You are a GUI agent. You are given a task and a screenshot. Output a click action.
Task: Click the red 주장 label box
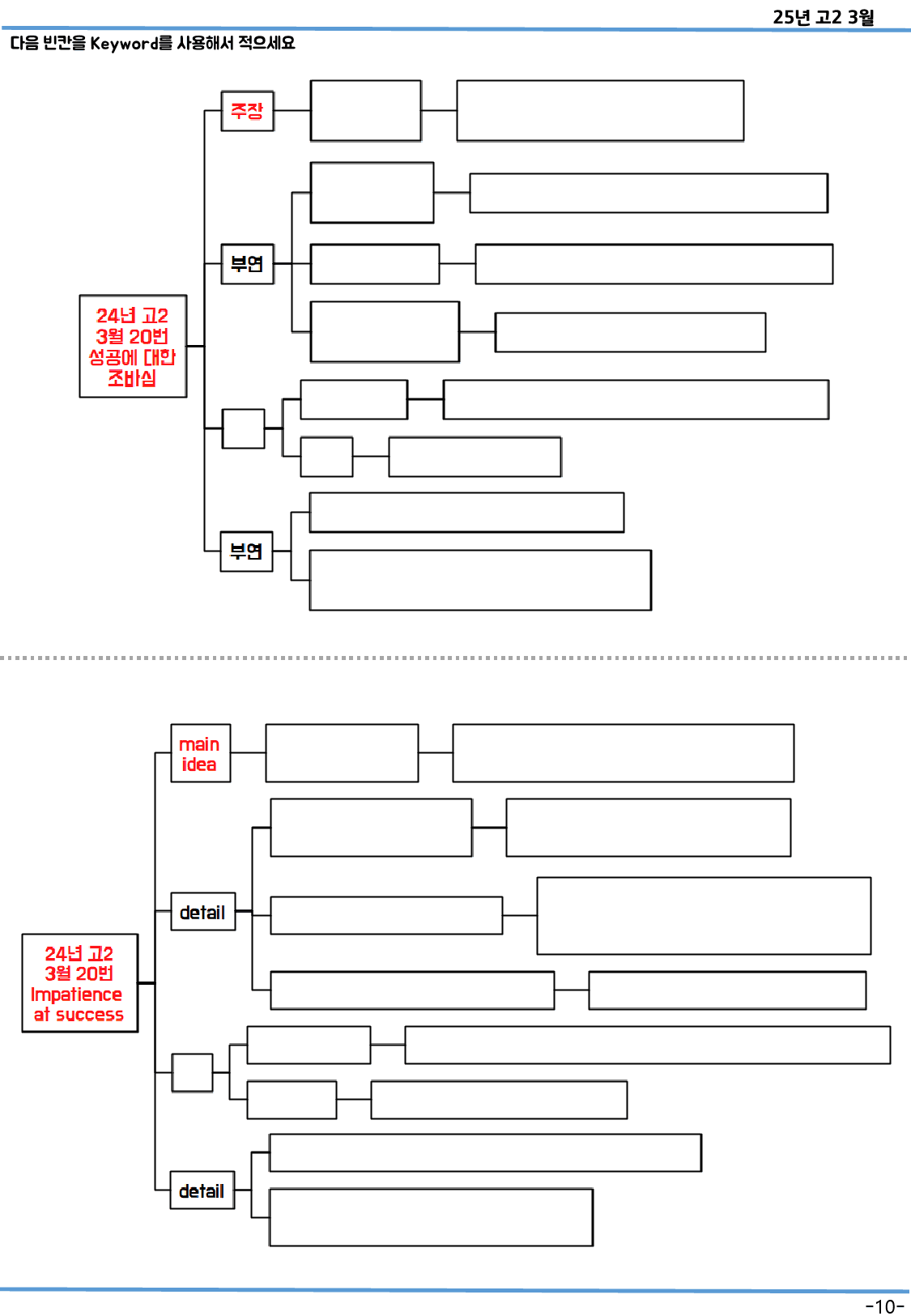[247, 111]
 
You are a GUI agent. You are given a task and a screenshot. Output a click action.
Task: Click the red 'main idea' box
[200, 753]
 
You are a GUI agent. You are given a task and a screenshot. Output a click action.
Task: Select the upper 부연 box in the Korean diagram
[247, 264]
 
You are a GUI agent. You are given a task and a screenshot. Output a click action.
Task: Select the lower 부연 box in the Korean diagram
[246, 552]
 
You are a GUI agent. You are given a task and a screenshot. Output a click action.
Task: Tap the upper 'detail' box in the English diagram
[202, 912]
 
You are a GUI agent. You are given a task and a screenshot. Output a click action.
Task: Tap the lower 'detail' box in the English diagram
[202, 1190]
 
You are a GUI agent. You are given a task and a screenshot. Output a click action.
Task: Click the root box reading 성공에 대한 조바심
[133, 347]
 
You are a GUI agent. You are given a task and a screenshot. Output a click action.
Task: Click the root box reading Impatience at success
[79, 983]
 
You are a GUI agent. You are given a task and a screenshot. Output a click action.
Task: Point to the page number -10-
[884, 1306]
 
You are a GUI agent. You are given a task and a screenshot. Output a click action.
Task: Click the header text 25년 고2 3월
[823, 17]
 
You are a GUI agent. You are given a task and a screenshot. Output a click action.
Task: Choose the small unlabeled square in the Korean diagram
[243, 428]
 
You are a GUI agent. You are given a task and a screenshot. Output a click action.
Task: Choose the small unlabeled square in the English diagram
[192, 1073]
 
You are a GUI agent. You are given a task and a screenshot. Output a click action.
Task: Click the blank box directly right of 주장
[365, 111]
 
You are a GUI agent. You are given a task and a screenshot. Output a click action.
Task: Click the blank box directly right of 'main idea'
[342, 753]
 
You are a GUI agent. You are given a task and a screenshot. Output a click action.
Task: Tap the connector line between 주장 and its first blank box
[292, 111]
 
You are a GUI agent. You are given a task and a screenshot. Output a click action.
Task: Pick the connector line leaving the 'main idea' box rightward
[248, 753]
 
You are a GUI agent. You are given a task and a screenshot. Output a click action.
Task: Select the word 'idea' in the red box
[199, 764]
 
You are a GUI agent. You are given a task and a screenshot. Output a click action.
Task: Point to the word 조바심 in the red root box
[132, 378]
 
